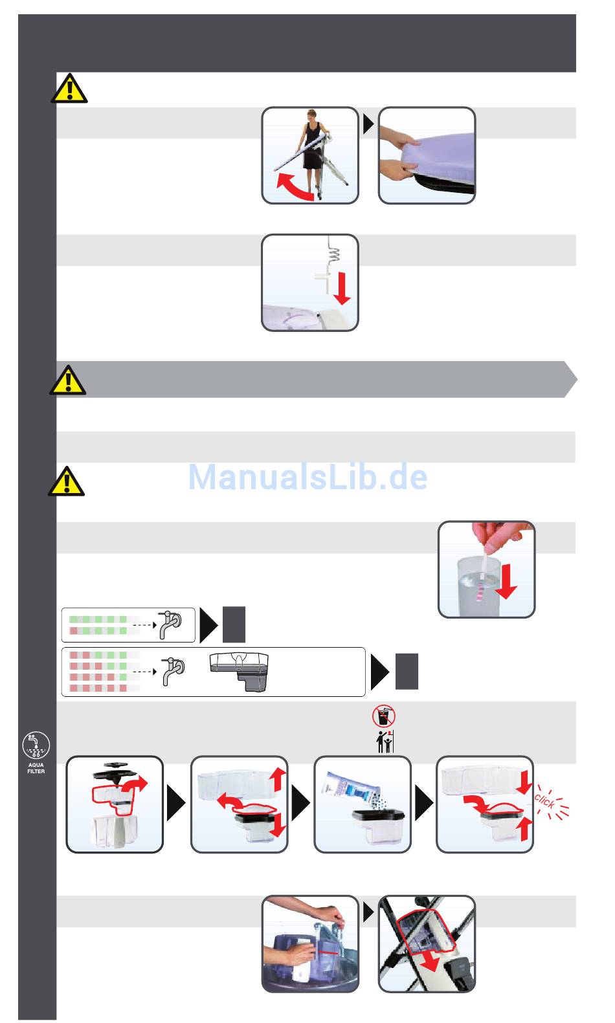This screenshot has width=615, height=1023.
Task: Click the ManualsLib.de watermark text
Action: (x=308, y=478)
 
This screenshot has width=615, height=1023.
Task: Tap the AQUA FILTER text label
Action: (x=36, y=768)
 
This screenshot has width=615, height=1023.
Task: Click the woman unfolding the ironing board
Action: (x=313, y=153)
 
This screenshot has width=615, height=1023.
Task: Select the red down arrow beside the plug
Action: (x=342, y=289)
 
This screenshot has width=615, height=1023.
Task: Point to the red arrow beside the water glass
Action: (x=506, y=581)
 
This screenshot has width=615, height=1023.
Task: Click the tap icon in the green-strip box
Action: (x=170, y=624)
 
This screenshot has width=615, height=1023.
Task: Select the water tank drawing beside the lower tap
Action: (x=239, y=672)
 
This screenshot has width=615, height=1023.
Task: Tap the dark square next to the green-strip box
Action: (x=234, y=624)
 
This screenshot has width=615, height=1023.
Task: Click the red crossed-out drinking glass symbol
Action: (x=384, y=716)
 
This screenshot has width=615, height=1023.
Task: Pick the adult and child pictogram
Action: (x=385, y=742)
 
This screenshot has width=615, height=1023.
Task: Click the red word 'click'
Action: (x=544, y=801)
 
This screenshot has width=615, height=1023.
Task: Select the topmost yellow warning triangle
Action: (x=69, y=88)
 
